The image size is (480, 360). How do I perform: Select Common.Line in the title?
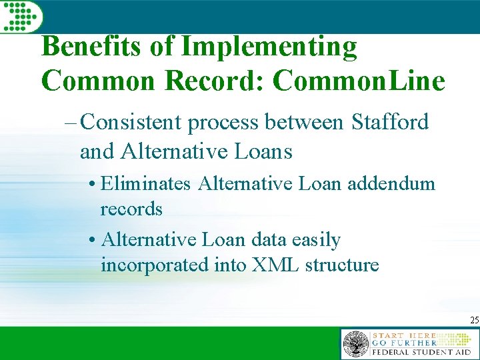(359, 81)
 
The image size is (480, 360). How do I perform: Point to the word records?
(131, 209)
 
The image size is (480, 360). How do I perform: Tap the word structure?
(342, 265)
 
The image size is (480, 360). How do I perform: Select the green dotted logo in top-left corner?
(19, 16)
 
